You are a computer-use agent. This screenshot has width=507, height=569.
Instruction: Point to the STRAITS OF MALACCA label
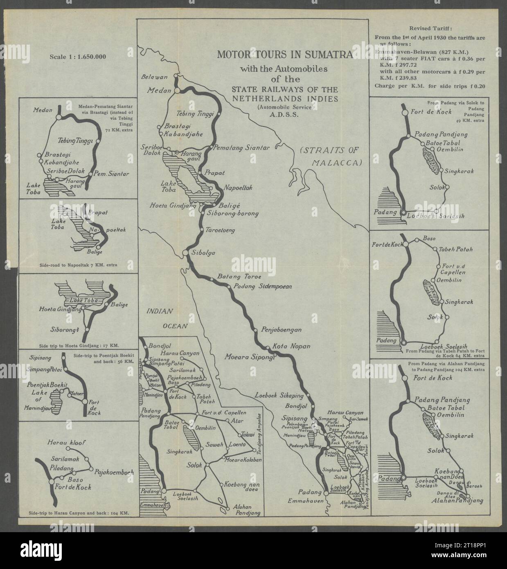point(331,156)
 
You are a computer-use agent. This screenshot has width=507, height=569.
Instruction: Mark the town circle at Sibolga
point(185,253)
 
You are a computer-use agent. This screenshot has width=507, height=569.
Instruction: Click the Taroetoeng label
point(221,230)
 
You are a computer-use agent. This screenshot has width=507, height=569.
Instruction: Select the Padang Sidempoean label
point(262,287)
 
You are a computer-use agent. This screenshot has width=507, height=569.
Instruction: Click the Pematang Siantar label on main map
point(242,148)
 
